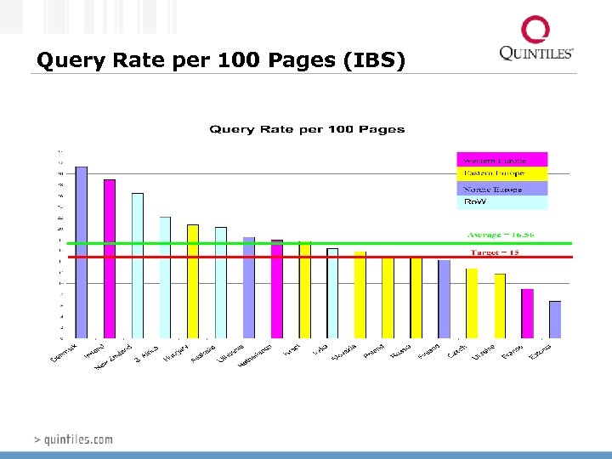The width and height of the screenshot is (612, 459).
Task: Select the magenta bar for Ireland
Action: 110,258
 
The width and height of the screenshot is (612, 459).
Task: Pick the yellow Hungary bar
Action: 193,281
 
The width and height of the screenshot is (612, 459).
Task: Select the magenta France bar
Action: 527,314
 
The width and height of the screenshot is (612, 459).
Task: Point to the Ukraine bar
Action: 500,306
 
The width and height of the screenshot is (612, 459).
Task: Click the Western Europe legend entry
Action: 502,160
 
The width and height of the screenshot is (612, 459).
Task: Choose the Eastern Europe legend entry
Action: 502,174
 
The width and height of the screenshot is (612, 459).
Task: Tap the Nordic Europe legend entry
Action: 502,189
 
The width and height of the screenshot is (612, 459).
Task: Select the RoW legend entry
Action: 502,202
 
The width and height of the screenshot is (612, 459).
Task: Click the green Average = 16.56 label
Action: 507,235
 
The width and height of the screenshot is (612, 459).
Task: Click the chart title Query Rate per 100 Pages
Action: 307,129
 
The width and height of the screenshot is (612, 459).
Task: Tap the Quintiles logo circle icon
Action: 535,31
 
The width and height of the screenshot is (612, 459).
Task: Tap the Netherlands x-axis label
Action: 255,357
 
